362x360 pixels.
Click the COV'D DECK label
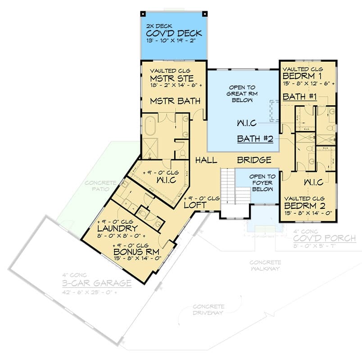[x=174, y=34]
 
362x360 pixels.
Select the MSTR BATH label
[x=175, y=101]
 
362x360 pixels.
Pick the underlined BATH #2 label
[x=255, y=139]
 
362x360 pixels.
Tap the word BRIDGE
[x=254, y=160]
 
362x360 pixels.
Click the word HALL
[x=206, y=160]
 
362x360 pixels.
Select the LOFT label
[x=195, y=205]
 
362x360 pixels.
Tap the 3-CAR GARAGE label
[x=97, y=283]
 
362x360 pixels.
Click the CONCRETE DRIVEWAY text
[x=208, y=310]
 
